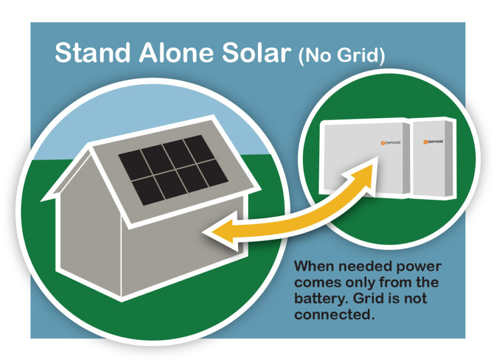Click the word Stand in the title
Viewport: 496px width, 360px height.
93,52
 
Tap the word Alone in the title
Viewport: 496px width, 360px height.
176,52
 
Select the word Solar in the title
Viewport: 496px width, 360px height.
257,52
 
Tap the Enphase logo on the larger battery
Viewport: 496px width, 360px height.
391,143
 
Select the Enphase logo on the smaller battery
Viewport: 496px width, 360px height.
433,141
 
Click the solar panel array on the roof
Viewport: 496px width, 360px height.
173,170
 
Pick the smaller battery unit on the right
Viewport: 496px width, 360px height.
433,158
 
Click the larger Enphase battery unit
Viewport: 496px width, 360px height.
364,158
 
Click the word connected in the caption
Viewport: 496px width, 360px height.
332,315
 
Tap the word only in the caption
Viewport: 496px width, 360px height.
361,283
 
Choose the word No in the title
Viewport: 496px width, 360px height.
317,55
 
